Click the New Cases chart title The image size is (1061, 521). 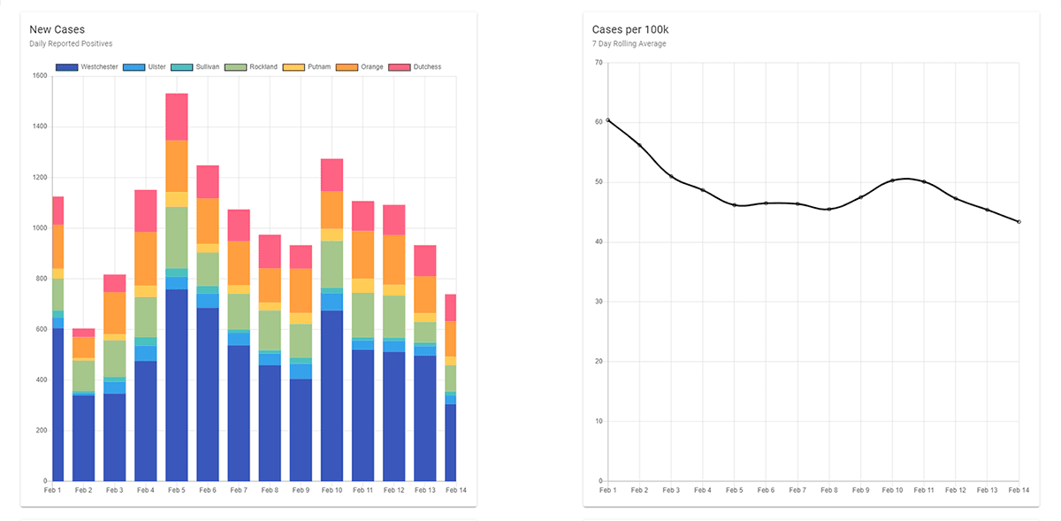(x=57, y=30)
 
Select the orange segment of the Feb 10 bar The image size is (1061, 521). (x=332, y=210)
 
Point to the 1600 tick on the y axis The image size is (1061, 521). (x=40, y=76)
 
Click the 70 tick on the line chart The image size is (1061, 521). (x=599, y=63)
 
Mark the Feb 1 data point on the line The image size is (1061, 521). (x=608, y=120)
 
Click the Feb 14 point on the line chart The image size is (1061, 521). (x=1019, y=221)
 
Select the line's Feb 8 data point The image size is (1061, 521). (x=828, y=210)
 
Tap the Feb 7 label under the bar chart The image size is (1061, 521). (x=239, y=489)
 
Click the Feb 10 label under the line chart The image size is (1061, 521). (x=892, y=489)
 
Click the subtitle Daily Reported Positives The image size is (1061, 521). (x=71, y=43)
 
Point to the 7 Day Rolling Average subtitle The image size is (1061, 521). (x=629, y=43)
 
